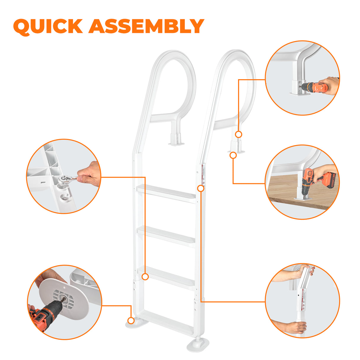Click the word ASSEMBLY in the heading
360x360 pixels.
[x=146, y=26]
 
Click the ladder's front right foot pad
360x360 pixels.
[x=198, y=345]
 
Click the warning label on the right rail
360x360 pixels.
[x=203, y=175]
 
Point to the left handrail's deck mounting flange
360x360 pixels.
[x=177, y=144]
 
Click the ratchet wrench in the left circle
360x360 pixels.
[x=67, y=179]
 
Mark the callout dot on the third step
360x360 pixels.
[x=145, y=277]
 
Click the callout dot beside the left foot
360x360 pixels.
[x=131, y=320]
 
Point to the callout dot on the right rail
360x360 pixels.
[x=201, y=188]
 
